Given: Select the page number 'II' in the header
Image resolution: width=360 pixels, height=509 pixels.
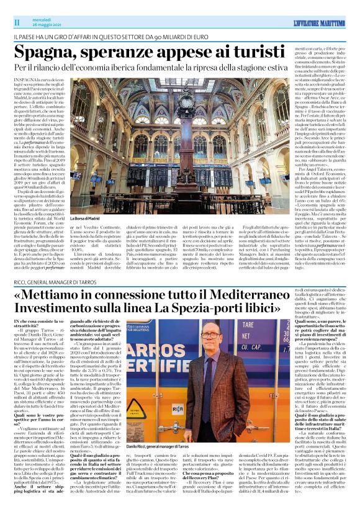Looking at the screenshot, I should click(16, 22).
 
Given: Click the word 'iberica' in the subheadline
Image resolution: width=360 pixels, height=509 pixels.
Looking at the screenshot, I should click(153, 66).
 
